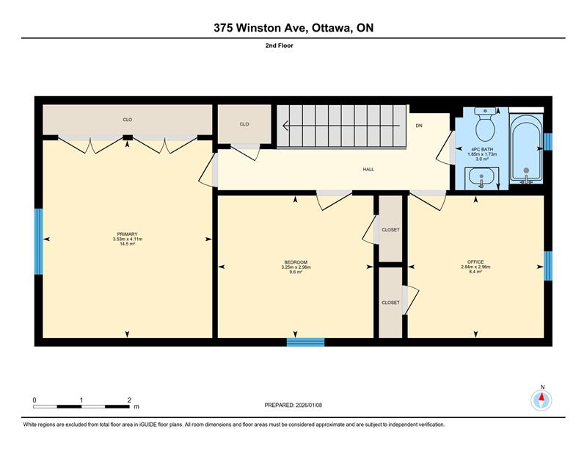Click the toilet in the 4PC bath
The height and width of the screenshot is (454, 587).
[x=485, y=124]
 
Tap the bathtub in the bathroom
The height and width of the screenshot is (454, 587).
[x=526, y=149]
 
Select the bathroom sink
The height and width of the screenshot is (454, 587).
[x=482, y=178]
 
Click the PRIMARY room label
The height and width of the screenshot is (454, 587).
[x=127, y=234]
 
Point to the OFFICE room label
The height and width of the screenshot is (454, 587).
[x=475, y=262]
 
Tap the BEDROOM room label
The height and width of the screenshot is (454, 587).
[x=296, y=262]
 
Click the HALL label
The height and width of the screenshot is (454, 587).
[x=368, y=170]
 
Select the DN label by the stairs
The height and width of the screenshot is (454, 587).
[x=419, y=126]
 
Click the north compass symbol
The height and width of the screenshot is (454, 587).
[x=542, y=400]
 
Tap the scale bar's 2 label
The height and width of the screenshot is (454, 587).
[x=130, y=400]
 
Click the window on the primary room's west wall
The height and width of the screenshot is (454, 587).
[x=39, y=242]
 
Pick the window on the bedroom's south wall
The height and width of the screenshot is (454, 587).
[x=305, y=342]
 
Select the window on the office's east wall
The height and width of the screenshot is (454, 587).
[x=547, y=266]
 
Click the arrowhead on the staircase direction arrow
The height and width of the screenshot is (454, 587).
[x=285, y=125]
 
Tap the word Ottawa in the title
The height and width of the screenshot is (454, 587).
[x=332, y=28]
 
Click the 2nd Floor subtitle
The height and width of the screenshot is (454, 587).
[x=280, y=46]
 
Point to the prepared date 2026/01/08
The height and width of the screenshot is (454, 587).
[x=309, y=405]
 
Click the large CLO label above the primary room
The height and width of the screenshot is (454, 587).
[x=127, y=120]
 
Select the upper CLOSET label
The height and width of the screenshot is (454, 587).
[x=390, y=230]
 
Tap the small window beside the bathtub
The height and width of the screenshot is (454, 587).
[x=547, y=142]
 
